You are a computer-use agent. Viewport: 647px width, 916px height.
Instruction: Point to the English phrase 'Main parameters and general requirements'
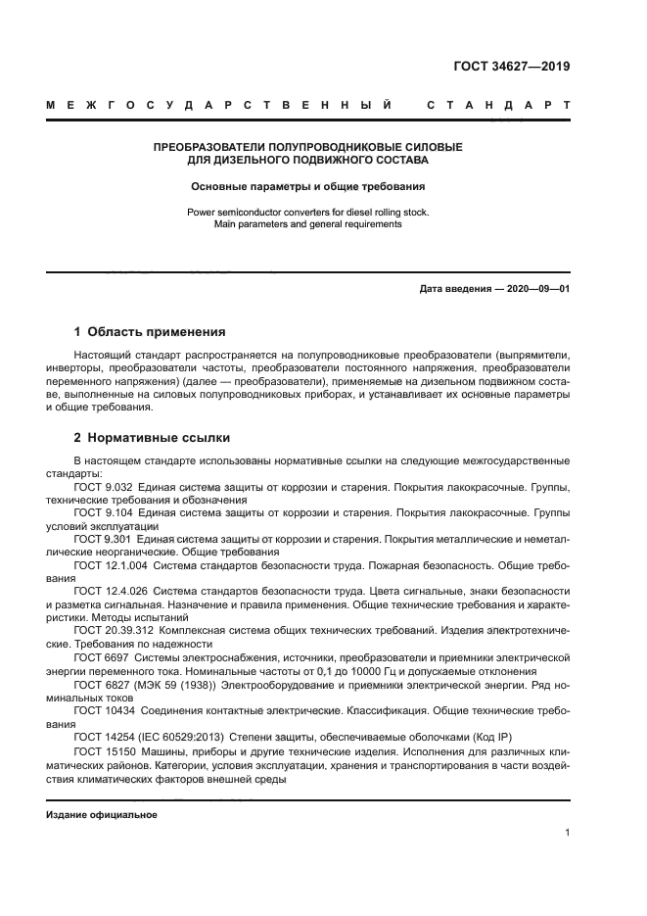[x=307, y=223]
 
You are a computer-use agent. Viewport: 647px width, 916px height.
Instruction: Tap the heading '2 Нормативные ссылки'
[x=152, y=437]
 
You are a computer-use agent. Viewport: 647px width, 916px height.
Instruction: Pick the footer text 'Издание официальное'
[x=102, y=814]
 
